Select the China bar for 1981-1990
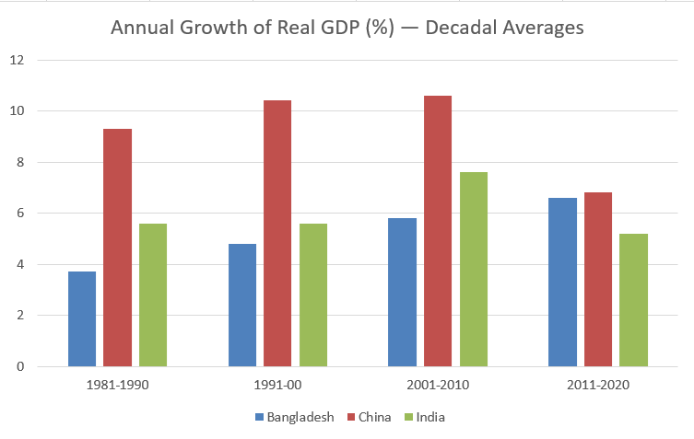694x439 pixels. pyautogui.click(x=117, y=248)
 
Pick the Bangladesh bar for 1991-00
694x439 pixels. pyautogui.click(x=241, y=305)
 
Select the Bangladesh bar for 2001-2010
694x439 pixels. pyautogui.click(x=402, y=292)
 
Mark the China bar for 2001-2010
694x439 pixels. pyautogui.click(x=438, y=231)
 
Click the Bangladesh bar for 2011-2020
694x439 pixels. pyautogui.click(x=562, y=282)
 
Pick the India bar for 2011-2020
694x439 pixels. pyautogui.click(x=633, y=300)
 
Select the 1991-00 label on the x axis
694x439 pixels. pyautogui.click(x=276, y=386)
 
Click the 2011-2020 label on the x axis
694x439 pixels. pyautogui.click(x=598, y=386)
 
